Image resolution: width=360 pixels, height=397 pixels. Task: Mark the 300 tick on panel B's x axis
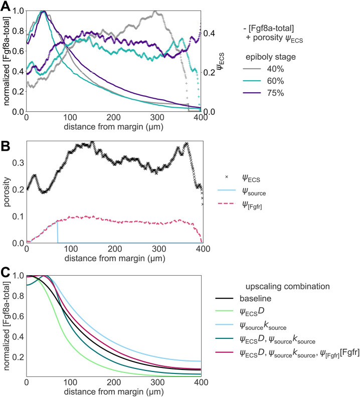159,249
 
